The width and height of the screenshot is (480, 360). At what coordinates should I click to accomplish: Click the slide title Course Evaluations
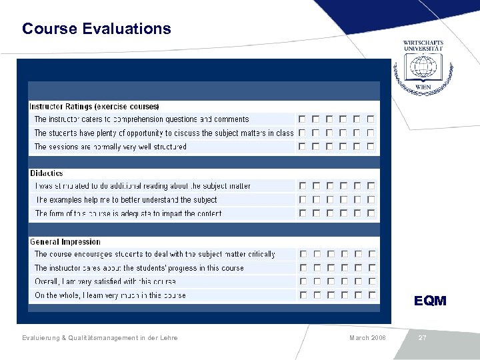point(96,29)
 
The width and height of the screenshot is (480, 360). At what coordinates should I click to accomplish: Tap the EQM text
point(430,301)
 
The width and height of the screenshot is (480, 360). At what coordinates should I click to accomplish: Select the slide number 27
point(422,338)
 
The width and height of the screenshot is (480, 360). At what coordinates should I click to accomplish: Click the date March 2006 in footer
point(367,338)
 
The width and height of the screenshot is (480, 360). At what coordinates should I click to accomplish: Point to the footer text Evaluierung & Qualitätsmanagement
point(100,338)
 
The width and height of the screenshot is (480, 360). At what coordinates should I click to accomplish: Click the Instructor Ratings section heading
point(94,107)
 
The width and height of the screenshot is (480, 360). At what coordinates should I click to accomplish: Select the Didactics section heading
point(47,173)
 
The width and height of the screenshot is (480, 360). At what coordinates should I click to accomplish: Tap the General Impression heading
point(65,242)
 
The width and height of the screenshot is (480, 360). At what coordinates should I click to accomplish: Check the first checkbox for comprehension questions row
point(302,119)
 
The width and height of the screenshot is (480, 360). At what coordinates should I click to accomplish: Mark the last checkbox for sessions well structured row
point(371,147)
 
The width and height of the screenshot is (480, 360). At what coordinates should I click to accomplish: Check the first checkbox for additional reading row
point(302,186)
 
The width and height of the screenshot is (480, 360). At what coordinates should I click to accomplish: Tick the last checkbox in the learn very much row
point(371,295)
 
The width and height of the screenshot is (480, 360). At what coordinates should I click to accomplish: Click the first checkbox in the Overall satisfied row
point(302,281)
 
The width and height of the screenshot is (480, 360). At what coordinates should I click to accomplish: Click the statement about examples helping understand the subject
point(127,200)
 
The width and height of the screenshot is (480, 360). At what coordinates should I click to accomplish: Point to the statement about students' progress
point(139,268)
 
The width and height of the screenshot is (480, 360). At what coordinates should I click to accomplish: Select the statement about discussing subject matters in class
point(163,133)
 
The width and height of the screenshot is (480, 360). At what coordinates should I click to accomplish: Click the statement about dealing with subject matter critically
point(155,254)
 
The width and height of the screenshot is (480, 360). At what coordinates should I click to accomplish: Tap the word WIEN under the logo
point(423,87)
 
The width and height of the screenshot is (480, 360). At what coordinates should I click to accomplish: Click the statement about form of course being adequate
point(129,214)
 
